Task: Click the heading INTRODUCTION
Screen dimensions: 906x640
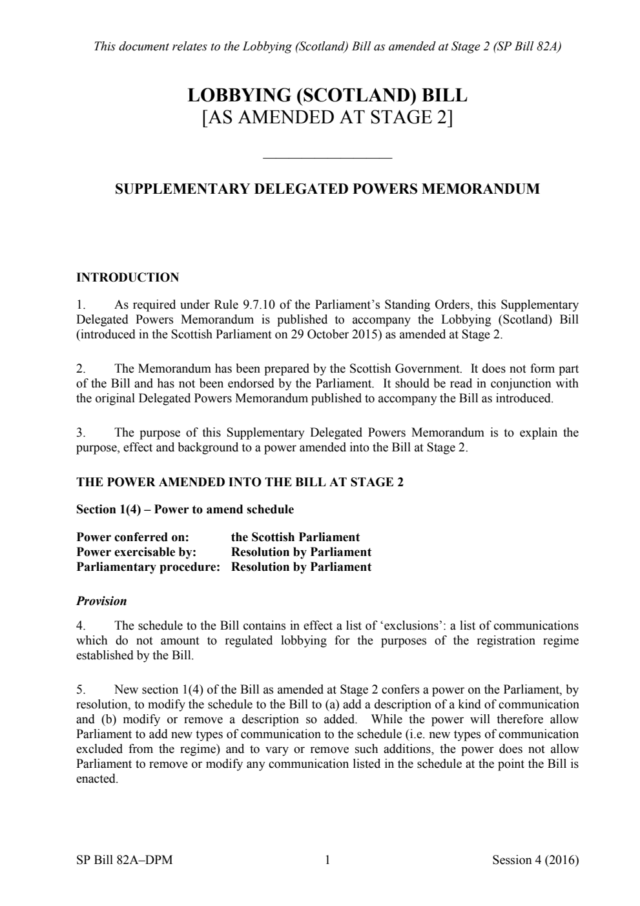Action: click(127, 278)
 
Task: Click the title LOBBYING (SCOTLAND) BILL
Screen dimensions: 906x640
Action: click(327, 96)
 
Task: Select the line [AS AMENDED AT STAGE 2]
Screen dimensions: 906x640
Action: click(327, 118)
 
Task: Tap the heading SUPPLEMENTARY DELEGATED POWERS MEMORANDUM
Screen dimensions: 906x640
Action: click(327, 189)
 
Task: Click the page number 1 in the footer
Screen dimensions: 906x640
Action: click(327, 860)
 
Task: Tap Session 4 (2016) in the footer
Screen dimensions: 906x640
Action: click(535, 860)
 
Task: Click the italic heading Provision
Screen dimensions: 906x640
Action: click(101, 601)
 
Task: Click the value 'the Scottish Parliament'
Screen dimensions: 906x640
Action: click(295, 537)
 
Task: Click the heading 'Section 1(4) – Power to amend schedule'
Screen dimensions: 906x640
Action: click(185, 510)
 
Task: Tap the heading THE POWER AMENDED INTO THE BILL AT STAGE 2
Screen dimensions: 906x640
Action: click(240, 482)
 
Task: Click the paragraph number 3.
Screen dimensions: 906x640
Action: click(80, 433)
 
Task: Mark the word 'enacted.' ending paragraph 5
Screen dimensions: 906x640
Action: click(97, 779)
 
